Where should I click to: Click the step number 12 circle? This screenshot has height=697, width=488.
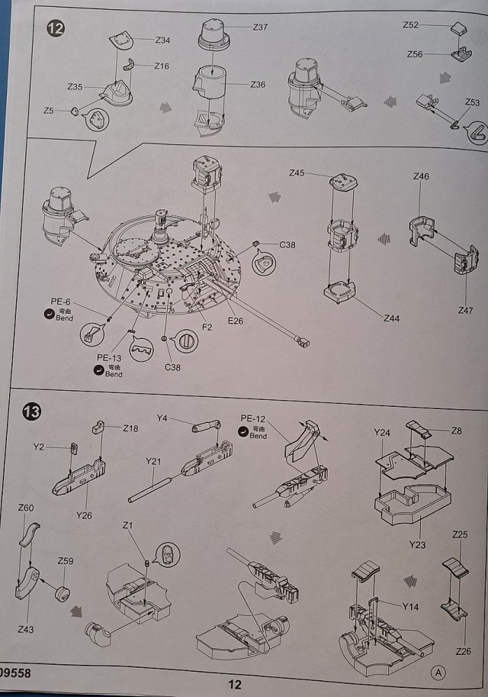pyautogui.click(x=56, y=29)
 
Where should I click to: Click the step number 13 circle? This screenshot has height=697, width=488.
pyautogui.click(x=34, y=412)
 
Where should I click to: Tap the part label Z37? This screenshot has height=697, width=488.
pyautogui.click(x=261, y=27)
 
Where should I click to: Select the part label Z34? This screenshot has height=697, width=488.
pyautogui.click(x=162, y=40)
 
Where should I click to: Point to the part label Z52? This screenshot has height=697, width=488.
pyautogui.click(x=411, y=25)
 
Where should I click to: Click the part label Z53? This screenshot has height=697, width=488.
pyautogui.click(x=473, y=102)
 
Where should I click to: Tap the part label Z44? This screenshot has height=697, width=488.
pyautogui.click(x=392, y=318)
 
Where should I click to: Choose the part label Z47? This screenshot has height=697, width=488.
pyautogui.click(x=465, y=310)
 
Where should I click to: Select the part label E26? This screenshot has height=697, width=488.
pyautogui.click(x=234, y=321)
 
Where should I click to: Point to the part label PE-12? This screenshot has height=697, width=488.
pyautogui.click(x=253, y=418)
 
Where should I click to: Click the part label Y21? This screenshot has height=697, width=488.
pyautogui.click(x=154, y=462)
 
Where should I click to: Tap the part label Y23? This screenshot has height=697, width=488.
pyautogui.click(x=417, y=545)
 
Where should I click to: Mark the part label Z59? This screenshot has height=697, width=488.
pyautogui.click(x=66, y=561)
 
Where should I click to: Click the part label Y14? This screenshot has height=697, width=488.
pyautogui.click(x=411, y=606)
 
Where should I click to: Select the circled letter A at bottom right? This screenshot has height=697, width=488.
pyautogui.click(x=438, y=673)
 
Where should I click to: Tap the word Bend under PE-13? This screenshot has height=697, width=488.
pyautogui.click(x=114, y=374)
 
